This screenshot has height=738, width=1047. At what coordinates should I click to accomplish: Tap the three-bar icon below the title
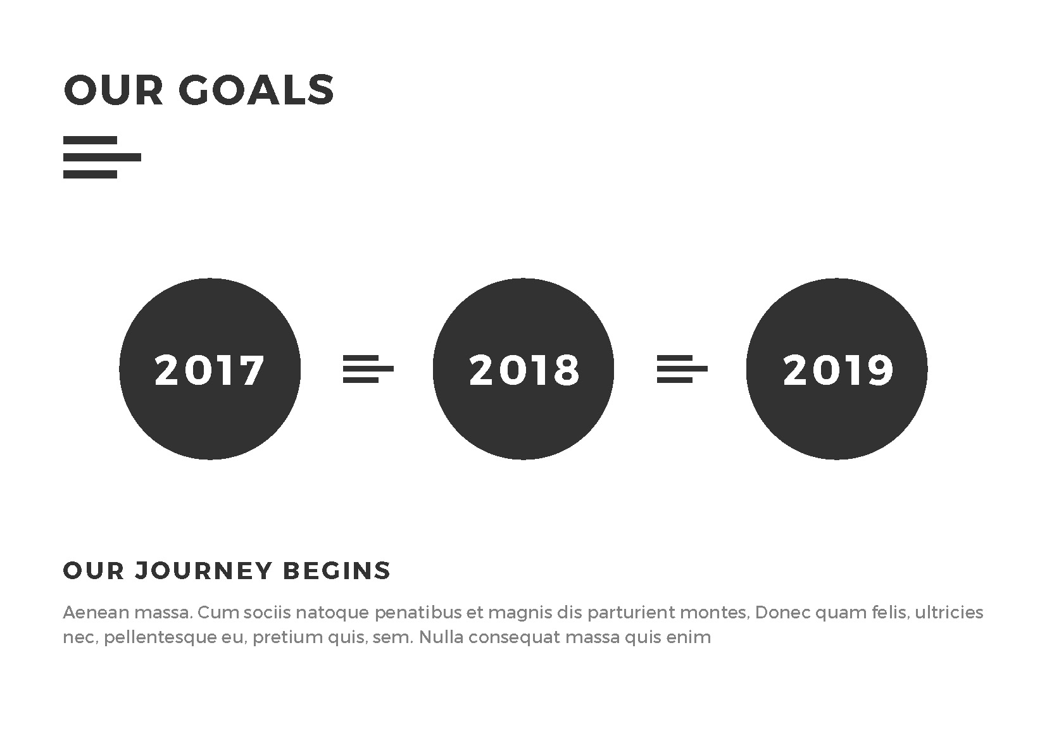[102, 157]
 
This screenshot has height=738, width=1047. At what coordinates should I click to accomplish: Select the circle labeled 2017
[210, 369]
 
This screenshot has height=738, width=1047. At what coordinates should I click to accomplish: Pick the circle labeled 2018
[523, 369]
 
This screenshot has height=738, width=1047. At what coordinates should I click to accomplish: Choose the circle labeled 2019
[837, 369]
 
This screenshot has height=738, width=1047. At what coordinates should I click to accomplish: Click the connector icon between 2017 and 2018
[368, 369]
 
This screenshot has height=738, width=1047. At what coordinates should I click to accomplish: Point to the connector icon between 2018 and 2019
[682, 369]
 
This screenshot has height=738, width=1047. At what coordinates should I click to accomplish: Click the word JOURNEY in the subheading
[203, 571]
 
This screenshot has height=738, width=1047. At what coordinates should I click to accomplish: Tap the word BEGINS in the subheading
[337, 571]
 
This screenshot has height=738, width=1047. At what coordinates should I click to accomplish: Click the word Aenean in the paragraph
[96, 612]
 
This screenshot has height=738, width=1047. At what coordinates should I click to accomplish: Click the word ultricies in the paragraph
[949, 612]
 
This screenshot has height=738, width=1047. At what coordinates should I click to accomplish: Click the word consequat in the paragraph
[513, 637]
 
